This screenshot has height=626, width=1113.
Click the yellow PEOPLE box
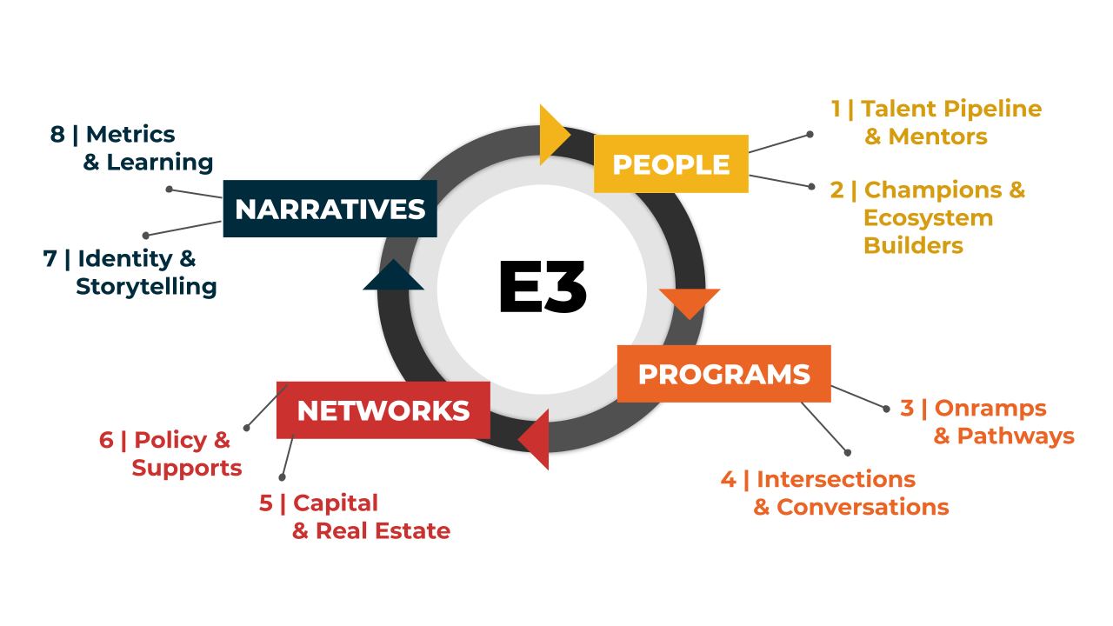(670, 163)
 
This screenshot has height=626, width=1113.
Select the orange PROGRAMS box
(723, 374)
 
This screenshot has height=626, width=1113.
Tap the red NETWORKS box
(383, 410)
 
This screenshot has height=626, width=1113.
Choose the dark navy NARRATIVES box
(330, 209)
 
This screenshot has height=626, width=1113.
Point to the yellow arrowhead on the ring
(552, 135)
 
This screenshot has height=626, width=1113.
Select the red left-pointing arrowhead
(537, 439)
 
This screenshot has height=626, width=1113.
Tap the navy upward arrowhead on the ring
(393, 276)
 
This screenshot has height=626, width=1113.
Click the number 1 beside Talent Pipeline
(836, 109)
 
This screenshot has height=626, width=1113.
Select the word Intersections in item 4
(836, 479)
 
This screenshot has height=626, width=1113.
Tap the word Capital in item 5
(336, 503)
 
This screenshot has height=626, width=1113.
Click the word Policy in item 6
(170, 440)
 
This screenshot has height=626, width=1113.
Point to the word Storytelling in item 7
(146, 286)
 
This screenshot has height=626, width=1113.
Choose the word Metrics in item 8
(130, 134)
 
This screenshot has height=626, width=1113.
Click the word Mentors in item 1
(937, 137)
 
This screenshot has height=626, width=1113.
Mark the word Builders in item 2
(913, 245)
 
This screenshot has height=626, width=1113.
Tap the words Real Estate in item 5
(383, 531)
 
